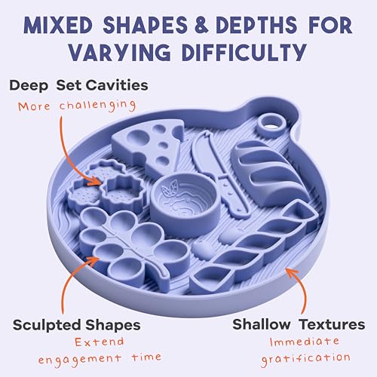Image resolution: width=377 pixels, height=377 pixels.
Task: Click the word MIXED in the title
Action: (58, 25)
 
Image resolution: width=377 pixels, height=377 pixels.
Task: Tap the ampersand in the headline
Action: (201, 25)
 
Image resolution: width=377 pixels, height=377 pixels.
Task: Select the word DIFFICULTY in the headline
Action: (244, 52)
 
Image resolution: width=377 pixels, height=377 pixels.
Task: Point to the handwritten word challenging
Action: (98, 106)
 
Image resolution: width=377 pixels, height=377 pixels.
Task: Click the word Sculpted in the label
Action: (47, 325)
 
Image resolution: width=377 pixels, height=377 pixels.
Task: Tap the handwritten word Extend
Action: (100, 342)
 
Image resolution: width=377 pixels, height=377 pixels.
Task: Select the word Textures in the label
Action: (333, 324)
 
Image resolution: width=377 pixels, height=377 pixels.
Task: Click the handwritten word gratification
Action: (305, 358)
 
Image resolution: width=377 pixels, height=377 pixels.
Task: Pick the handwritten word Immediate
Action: (305, 342)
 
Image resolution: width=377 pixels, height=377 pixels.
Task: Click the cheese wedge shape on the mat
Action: (149, 146)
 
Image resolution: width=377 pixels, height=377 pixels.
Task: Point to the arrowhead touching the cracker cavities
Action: (97, 180)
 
